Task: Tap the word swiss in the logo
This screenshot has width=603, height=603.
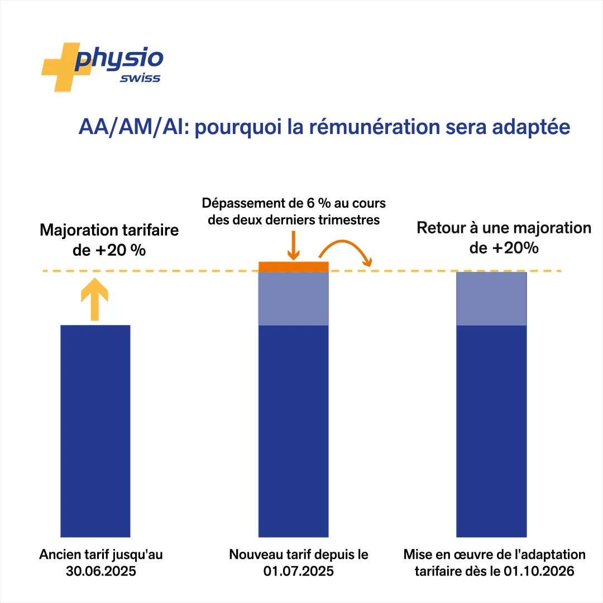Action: [140, 78]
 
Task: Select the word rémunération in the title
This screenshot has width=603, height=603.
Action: [375, 127]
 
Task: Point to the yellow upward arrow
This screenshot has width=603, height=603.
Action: [94, 299]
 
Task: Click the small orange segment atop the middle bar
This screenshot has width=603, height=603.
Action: [294, 267]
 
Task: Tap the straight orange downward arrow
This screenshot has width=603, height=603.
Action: [294, 245]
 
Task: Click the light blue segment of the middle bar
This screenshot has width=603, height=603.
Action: [294, 299]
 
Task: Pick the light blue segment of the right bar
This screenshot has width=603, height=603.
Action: [491, 299]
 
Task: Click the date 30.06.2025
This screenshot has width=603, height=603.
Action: [100, 571]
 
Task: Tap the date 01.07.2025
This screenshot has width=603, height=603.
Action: [298, 571]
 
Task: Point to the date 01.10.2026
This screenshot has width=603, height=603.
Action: [539, 571]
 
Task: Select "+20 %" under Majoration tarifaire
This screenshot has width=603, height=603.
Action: [121, 250]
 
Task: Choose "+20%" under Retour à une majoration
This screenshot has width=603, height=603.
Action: [515, 248]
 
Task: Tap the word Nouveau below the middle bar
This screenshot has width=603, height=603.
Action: [256, 554]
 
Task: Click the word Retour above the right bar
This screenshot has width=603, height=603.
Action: [442, 228]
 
